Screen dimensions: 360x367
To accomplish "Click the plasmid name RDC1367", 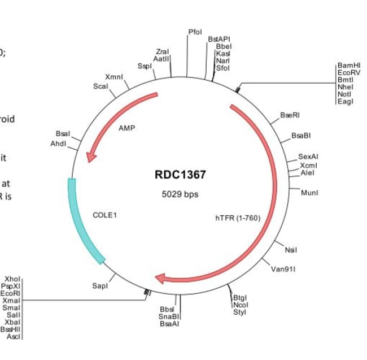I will pyautogui.click(x=180, y=175).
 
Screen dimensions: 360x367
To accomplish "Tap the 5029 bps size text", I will pyautogui.click(x=180, y=194).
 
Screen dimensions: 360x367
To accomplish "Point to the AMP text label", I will pyautogui.click(x=126, y=128).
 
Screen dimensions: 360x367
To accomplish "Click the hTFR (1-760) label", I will pyautogui.click(x=238, y=218).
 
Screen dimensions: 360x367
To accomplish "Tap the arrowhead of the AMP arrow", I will pyautogui.click(x=90, y=156).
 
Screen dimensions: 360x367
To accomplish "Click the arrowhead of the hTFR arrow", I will pyautogui.click(x=161, y=278).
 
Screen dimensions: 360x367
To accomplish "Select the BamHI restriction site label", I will pyautogui.click(x=348, y=66).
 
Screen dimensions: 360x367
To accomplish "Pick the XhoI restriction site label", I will pyautogui.click(x=12, y=279).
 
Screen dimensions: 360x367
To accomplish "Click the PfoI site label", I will pyautogui.click(x=195, y=32).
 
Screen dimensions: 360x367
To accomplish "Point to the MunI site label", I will pyautogui.click(x=309, y=193).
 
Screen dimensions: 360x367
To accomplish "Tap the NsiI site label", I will pyautogui.click(x=291, y=250).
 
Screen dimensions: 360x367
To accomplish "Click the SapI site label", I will pyautogui.click(x=99, y=286).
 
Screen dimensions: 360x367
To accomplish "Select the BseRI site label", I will pyautogui.click(x=290, y=115).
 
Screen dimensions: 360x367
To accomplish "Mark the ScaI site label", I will pyautogui.click(x=101, y=86).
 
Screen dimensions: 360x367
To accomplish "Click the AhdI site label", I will pyautogui.click(x=59, y=144).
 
